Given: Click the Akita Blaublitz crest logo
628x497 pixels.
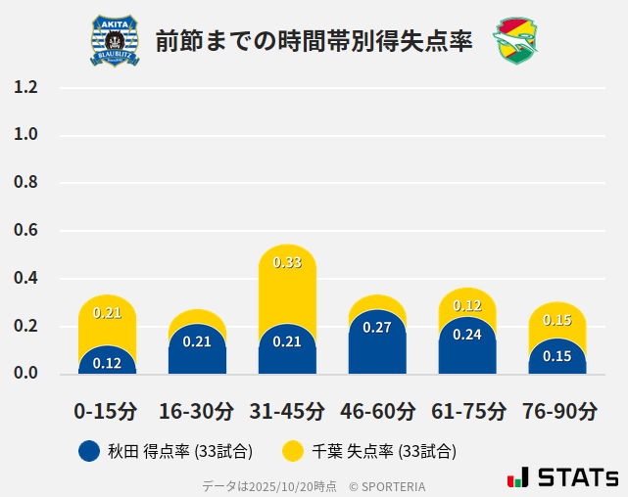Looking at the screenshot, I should point(115,41).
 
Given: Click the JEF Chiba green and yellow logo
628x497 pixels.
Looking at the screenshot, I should point(515,41).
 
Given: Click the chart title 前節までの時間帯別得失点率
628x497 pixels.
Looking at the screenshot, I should point(314,41).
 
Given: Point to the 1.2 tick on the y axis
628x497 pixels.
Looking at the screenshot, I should point(26,87).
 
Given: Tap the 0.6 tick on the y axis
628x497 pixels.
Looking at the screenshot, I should point(26,231).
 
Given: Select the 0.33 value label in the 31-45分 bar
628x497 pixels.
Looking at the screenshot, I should point(287,262).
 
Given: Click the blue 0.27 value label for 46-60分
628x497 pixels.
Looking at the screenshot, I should point(377,327).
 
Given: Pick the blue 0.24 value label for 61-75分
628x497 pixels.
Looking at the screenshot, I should point(467,334).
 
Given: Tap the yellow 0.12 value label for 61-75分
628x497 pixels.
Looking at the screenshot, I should point(467,306).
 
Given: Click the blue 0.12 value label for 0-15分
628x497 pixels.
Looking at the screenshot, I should point(107,363).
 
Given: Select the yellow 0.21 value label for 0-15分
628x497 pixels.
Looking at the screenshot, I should point(107,313).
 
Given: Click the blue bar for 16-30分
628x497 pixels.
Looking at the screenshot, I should point(197,348).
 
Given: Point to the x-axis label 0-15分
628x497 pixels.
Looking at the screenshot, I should point(107,410).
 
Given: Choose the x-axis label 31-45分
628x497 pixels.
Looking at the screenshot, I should point(287,410).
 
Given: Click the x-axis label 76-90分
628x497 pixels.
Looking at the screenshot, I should point(557,410).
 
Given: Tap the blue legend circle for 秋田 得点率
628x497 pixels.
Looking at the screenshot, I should point(89,451).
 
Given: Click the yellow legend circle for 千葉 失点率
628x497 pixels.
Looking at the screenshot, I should point(292,451).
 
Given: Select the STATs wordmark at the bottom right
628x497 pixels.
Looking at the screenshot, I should point(563,477).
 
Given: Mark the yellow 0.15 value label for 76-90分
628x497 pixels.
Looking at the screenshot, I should point(557,320).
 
